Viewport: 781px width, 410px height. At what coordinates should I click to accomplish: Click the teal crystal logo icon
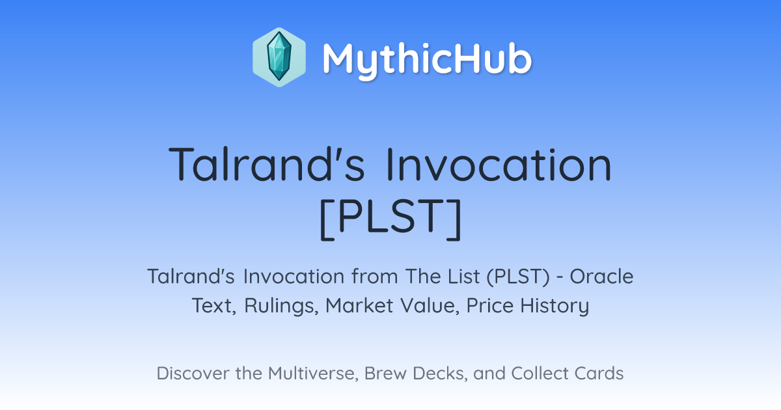tap(279, 57)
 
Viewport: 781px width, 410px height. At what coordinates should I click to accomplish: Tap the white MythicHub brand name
tap(428, 59)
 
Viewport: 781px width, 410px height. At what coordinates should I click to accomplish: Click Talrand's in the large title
tap(267, 164)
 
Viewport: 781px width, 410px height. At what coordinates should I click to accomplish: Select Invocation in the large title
tap(499, 164)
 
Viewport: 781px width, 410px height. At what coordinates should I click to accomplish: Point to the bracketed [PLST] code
tap(391, 219)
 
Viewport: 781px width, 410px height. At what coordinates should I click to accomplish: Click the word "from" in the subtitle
tap(374, 276)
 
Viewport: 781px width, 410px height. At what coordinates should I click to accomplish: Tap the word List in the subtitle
tap(465, 276)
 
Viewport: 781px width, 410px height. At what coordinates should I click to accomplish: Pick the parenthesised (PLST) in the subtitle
tap(518, 277)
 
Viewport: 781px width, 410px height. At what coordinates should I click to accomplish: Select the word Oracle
tap(601, 276)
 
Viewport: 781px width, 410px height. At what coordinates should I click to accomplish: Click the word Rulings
tap(281, 306)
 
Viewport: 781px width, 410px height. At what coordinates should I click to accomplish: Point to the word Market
tap(359, 305)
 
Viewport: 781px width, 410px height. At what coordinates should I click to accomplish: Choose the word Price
tap(490, 305)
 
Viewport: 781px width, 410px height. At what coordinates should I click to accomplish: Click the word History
tap(555, 306)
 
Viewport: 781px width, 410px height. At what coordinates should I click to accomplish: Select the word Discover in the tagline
tap(193, 373)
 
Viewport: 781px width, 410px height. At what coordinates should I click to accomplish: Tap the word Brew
tap(385, 373)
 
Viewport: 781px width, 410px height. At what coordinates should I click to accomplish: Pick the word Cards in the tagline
tap(599, 373)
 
